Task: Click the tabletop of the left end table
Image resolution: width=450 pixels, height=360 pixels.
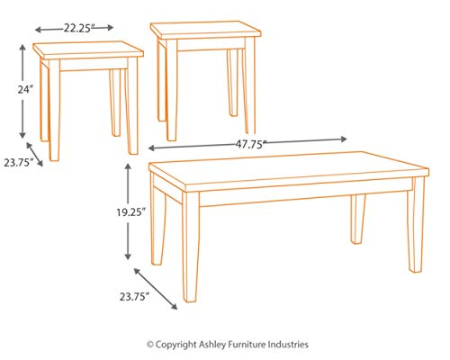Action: click(x=89, y=49)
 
